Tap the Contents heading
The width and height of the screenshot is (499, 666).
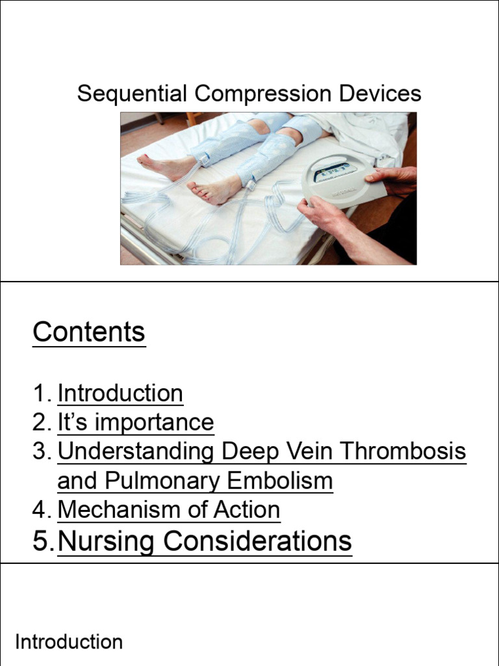(89, 332)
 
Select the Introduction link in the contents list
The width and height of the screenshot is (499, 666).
(120, 393)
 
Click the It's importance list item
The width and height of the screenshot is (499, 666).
(135, 423)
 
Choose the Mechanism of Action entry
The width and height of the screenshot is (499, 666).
(169, 510)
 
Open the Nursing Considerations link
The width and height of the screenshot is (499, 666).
(205, 541)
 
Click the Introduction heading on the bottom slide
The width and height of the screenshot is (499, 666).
(69, 643)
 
